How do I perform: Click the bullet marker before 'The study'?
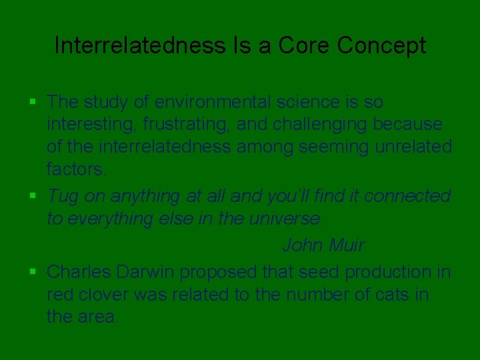click(33, 102)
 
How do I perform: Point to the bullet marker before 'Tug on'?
click(33, 196)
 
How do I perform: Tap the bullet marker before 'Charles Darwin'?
click(33, 272)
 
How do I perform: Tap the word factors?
click(75, 169)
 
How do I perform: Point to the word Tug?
click(63, 197)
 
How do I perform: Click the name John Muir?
click(323, 245)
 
